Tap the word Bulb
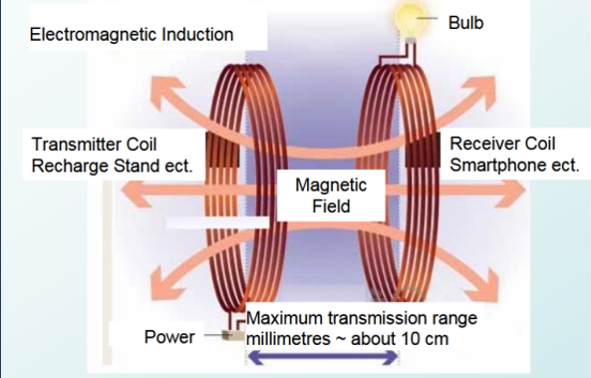tap(465, 23)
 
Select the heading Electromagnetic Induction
tap(132, 35)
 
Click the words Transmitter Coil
tap(94, 145)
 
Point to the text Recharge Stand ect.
tap(112, 166)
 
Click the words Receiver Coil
tap(502, 144)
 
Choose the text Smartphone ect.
tap(514, 166)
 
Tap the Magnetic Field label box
tap(331, 195)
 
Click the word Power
tap(169, 337)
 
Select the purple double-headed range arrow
tap(323, 357)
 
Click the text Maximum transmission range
tap(362, 318)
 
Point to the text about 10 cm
tap(400, 339)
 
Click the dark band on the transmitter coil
tap(222, 150)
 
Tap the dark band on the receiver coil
tap(423, 150)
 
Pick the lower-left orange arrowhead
tap(164, 285)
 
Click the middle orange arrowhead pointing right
tap(510, 190)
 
